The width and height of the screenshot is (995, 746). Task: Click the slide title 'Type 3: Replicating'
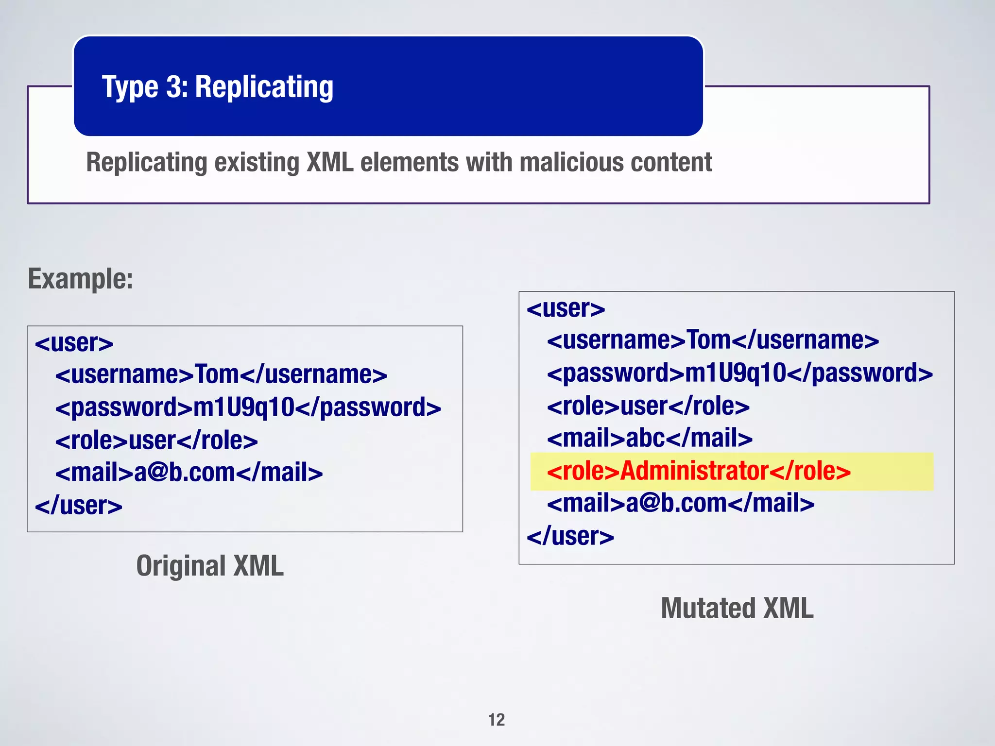tap(217, 87)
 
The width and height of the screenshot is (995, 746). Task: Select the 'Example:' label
tap(80, 279)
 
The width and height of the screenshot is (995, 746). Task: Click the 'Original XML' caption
tap(210, 566)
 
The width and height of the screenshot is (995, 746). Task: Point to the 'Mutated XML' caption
tap(737, 609)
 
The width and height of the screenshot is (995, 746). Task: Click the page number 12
tap(497, 720)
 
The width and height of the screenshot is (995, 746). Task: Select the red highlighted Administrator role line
tap(699, 471)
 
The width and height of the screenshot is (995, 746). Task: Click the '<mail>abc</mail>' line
tap(650, 438)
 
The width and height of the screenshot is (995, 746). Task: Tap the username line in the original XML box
tap(221, 374)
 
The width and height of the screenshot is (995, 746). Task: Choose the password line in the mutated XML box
tap(739, 373)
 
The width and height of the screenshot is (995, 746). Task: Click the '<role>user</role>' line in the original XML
tap(156, 441)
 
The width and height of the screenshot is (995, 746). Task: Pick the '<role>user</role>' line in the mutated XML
tap(648, 406)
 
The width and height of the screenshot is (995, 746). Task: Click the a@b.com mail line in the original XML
tap(189, 473)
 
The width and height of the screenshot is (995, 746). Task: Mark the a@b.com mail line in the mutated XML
tap(681, 503)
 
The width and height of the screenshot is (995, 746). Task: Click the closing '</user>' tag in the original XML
tap(79, 506)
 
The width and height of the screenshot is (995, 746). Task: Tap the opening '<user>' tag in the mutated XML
tap(566, 308)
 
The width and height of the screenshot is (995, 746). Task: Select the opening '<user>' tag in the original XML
tap(74, 343)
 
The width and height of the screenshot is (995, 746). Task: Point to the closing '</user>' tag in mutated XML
tap(570, 536)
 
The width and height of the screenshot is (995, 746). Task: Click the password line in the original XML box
tap(248, 407)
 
